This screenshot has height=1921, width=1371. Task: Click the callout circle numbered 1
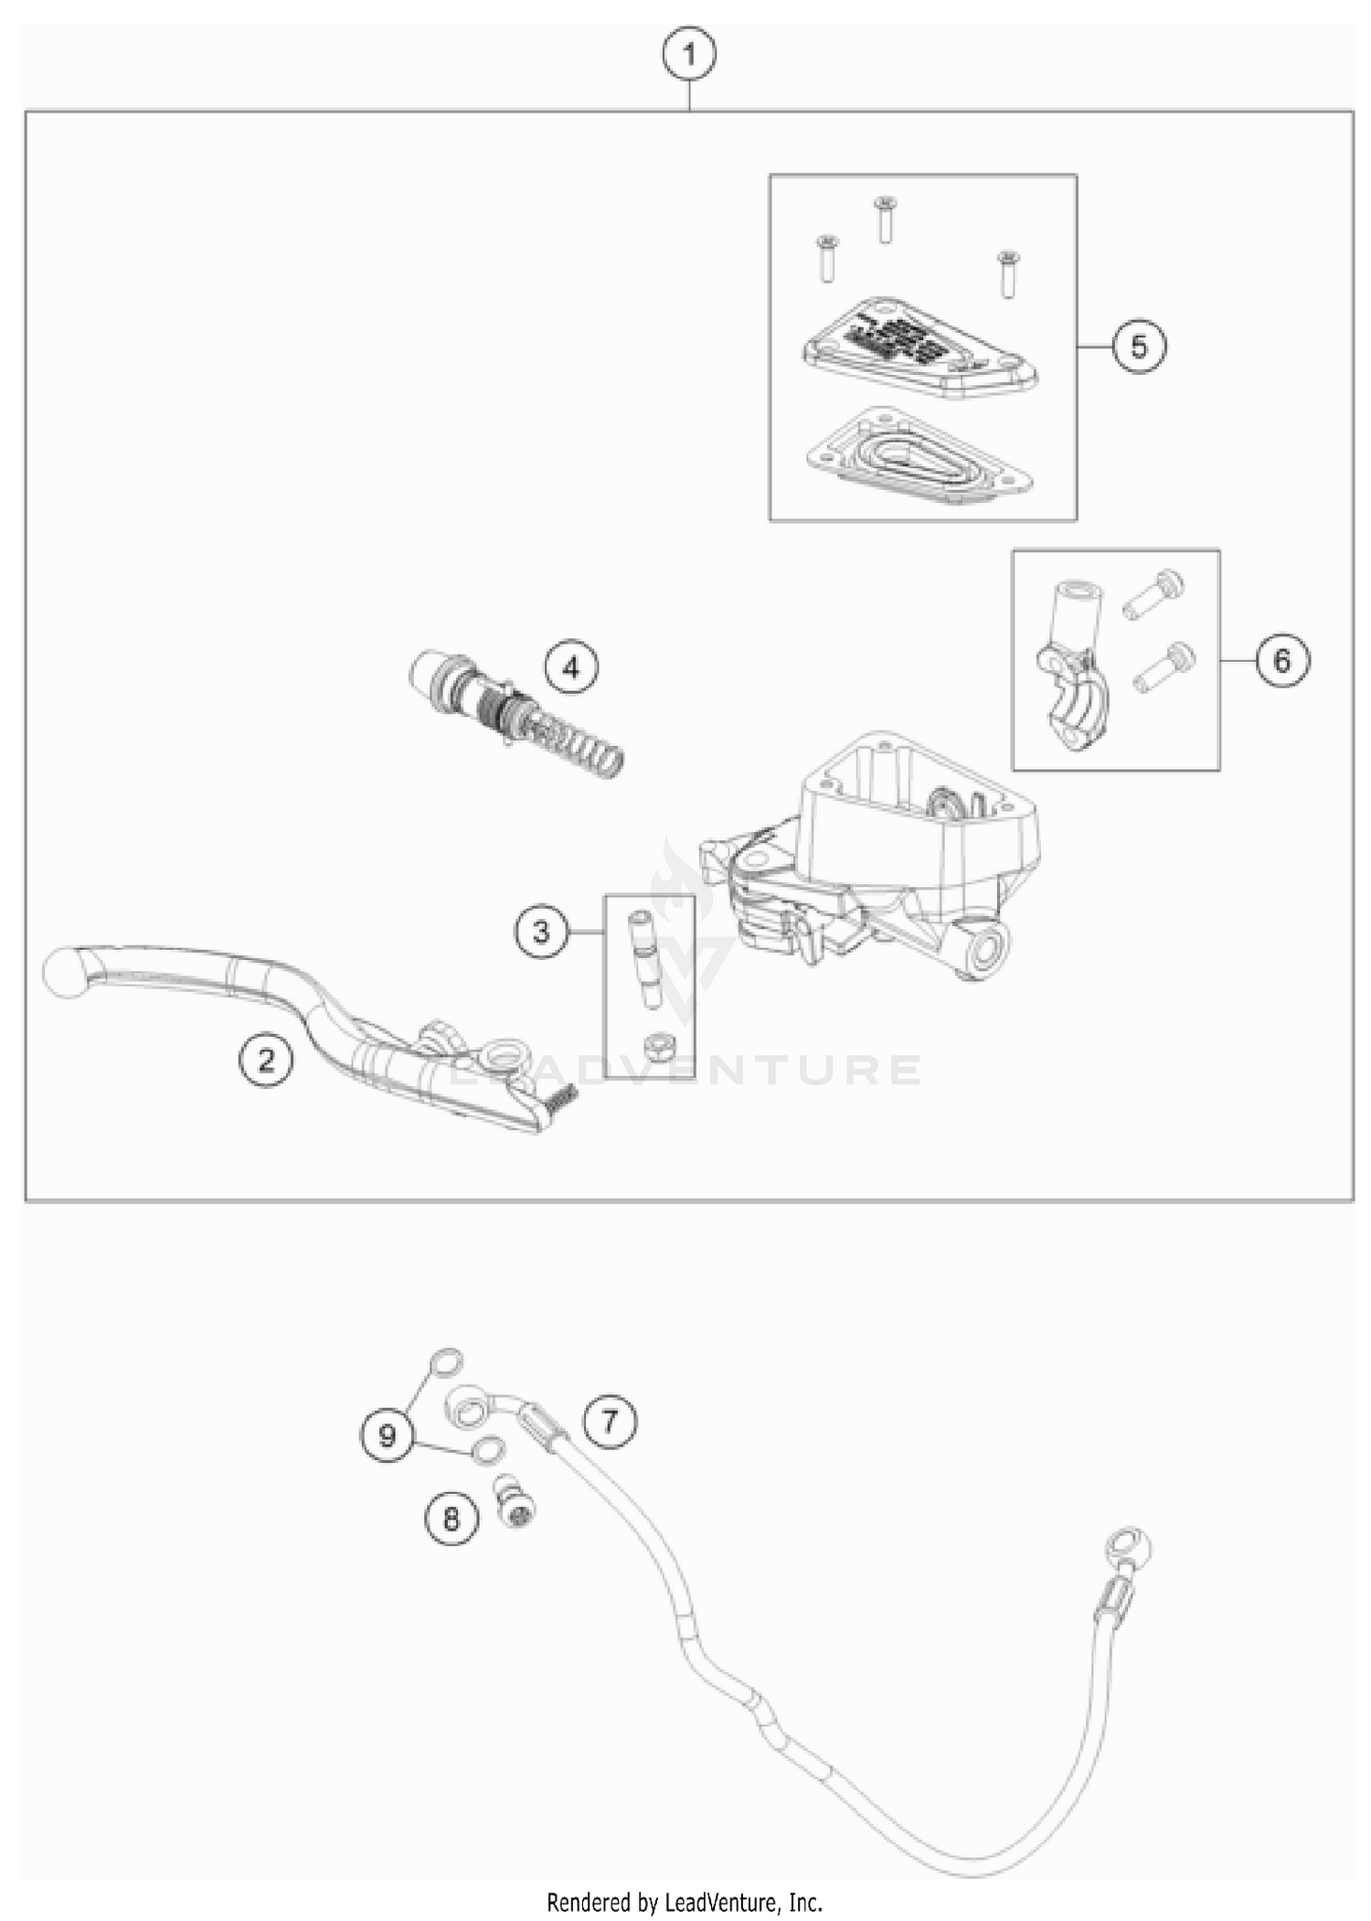[689, 56]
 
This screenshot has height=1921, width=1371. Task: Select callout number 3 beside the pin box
[541, 932]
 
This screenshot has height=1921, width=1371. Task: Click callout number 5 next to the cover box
[1139, 347]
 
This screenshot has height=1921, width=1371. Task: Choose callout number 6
[1281, 659]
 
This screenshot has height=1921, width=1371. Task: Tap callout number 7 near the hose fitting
[610, 1421]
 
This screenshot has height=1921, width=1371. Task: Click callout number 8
[452, 1519]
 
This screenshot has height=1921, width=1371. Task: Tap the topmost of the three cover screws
[884, 219]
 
